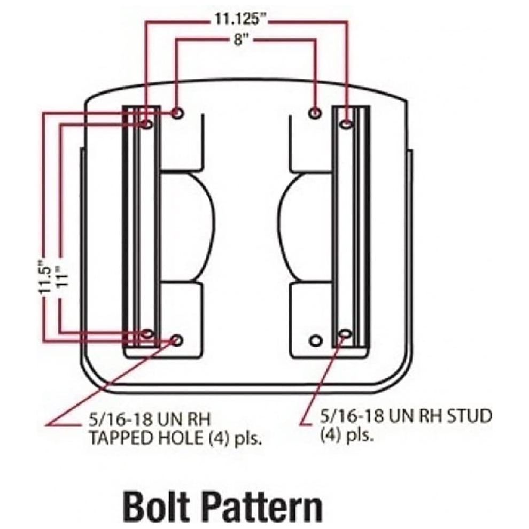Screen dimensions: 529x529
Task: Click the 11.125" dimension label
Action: tap(241, 19)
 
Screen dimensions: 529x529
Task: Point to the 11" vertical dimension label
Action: tap(62, 276)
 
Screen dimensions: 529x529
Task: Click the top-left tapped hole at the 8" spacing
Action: tap(177, 113)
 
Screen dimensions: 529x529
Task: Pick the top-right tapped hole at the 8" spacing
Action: tap(314, 113)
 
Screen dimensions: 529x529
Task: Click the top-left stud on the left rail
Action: tap(147, 124)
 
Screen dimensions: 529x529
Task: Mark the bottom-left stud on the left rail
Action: tap(147, 334)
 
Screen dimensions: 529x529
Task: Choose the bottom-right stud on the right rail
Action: tap(345, 334)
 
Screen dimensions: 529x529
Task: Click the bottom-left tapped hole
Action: tap(177, 340)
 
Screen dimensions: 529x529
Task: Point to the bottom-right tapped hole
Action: tap(315, 340)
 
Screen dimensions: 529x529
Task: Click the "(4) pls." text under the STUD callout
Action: tap(347, 435)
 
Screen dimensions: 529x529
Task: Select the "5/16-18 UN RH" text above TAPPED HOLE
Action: tap(149, 419)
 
